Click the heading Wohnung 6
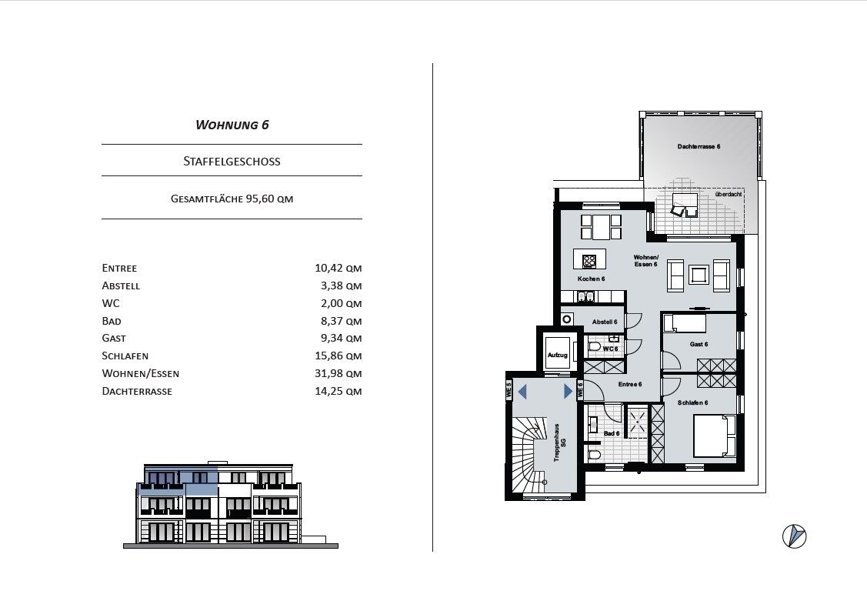click(x=232, y=125)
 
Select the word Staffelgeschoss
click(x=232, y=162)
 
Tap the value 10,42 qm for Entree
click(x=338, y=268)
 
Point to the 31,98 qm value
click(x=338, y=374)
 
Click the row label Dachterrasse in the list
click(x=137, y=392)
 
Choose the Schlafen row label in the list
click(x=125, y=356)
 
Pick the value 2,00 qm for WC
click(x=341, y=303)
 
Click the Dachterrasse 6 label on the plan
click(x=699, y=146)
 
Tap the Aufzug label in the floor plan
click(x=557, y=355)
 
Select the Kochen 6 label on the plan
click(x=591, y=279)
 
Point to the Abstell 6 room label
click(x=605, y=322)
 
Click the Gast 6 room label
click(x=699, y=344)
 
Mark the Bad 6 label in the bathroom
click(x=612, y=433)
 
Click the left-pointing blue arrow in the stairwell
click(x=522, y=392)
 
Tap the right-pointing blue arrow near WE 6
click(x=568, y=392)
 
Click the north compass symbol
click(x=795, y=536)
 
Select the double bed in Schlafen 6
click(x=715, y=436)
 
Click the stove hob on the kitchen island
click(x=589, y=260)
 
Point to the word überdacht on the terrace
click(x=729, y=195)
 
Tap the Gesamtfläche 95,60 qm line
click(x=232, y=199)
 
